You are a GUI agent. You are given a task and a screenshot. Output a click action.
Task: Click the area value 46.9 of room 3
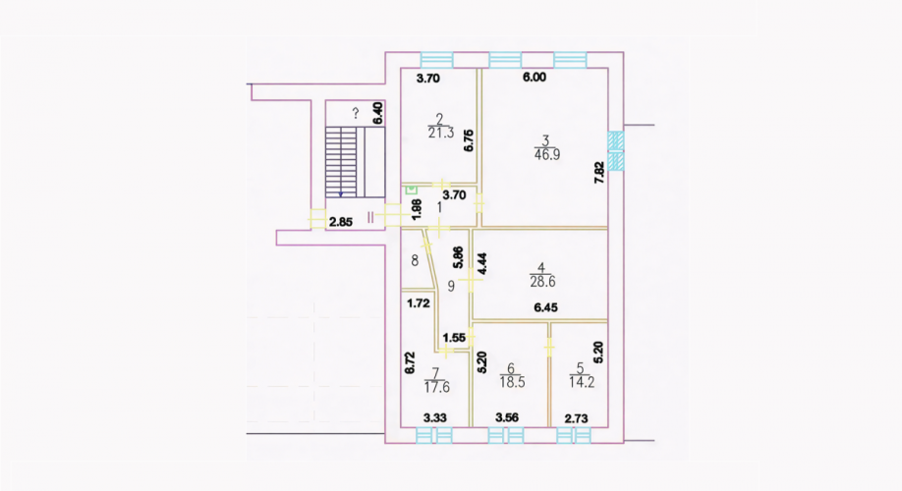(547, 154)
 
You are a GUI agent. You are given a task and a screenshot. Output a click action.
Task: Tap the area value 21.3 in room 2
(441, 133)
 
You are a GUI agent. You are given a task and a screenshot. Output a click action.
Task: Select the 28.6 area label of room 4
(542, 282)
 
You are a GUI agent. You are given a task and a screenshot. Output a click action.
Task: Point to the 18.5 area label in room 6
(512, 382)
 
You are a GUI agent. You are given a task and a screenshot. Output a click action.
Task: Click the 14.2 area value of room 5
(582, 382)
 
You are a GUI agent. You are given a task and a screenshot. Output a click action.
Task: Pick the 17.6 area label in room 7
(436, 388)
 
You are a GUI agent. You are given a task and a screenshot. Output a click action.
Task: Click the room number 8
(415, 260)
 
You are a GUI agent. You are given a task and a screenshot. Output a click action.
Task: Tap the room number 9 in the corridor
(451, 285)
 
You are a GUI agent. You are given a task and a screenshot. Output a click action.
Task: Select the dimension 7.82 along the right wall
(598, 173)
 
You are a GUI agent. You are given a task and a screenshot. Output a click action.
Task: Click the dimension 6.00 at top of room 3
(535, 78)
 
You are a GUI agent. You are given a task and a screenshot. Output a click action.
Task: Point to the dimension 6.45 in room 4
(545, 307)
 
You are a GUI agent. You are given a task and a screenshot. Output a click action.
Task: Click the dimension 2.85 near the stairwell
(341, 222)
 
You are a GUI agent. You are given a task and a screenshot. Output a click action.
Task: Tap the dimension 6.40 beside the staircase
(377, 113)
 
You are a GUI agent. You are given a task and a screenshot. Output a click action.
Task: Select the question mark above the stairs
(356, 113)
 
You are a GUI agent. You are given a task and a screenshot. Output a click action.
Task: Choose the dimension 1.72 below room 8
(419, 303)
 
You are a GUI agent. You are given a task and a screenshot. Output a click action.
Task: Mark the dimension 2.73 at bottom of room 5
(576, 418)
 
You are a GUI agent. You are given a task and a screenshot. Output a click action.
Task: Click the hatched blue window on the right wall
(616, 150)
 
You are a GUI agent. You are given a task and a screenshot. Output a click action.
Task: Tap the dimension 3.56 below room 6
(507, 418)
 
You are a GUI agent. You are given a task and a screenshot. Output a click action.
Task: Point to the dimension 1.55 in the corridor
(455, 338)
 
